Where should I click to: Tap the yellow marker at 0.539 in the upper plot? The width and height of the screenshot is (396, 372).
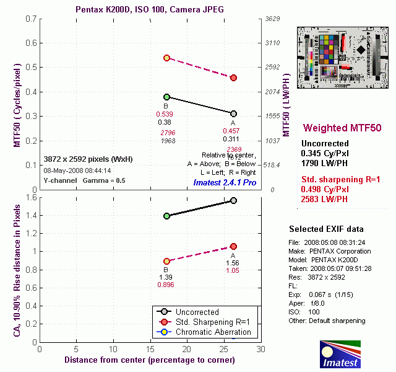pyautogui.click(x=166, y=58)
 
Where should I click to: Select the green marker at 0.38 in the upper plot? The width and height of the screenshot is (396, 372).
pyautogui.click(x=166, y=97)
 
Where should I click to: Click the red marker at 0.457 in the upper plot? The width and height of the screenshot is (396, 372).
pyautogui.click(x=233, y=77)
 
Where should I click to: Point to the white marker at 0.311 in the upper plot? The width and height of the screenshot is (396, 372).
pyautogui.click(x=233, y=113)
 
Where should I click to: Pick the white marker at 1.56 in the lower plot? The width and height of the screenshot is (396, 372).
pyautogui.click(x=233, y=200)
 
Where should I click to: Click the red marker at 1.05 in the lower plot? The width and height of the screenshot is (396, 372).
pyautogui.click(x=233, y=246)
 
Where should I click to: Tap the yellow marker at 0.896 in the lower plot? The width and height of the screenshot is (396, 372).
pyautogui.click(x=166, y=261)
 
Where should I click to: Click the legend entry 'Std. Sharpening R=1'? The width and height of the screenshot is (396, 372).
pyautogui.click(x=213, y=322)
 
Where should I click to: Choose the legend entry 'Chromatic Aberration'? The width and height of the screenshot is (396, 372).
pyautogui.click(x=214, y=332)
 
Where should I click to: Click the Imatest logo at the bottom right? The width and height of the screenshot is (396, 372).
pyautogui.click(x=340, y=353)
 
